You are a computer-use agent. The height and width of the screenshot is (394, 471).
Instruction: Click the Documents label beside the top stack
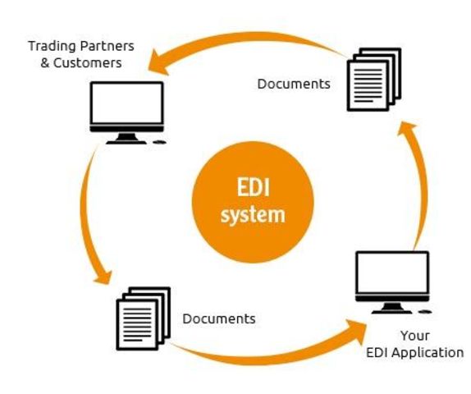(x=293, y=84)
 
